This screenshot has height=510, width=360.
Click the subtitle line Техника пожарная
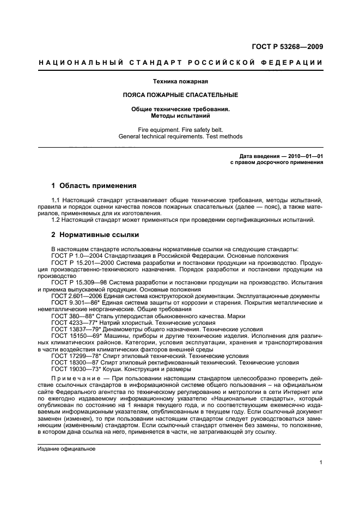click(180, 81)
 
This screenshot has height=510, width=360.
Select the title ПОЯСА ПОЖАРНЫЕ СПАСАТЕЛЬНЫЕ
click(180, 95)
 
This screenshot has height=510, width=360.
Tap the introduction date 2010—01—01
click(301, 156)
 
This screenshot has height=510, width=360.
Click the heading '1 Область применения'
click(94, 186)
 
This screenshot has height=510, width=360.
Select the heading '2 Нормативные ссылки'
click(95, 235)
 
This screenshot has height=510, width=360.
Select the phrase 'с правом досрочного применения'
click(277, 162)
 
